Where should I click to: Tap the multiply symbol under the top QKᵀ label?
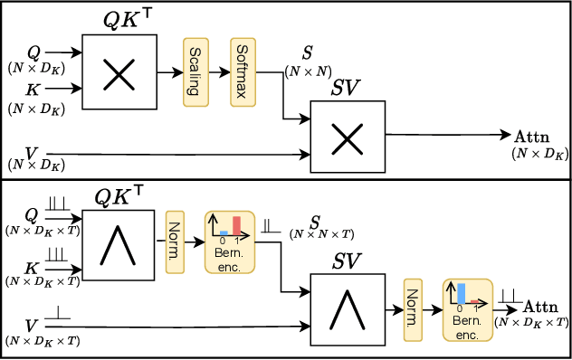coord(119,73)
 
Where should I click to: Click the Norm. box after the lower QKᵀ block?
coord(175,239)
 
